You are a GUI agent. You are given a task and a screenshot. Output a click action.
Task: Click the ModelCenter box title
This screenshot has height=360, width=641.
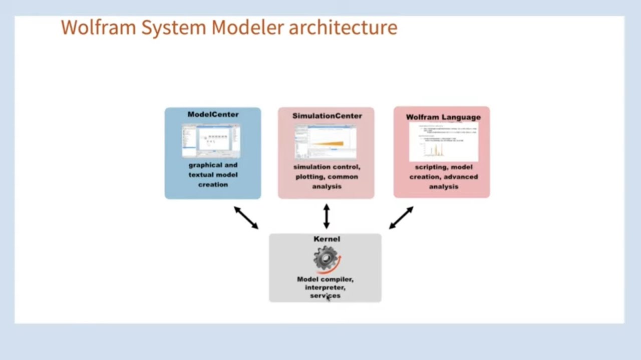coord(213,114)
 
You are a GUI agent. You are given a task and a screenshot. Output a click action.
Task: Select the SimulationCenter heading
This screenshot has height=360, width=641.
coord(327,116)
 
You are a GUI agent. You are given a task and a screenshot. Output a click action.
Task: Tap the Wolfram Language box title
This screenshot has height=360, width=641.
coord(443,117)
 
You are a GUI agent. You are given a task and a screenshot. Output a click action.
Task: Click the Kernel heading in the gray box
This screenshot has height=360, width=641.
coord(327,239)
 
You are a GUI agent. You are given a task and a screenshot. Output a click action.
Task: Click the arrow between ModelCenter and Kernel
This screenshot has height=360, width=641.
coord(246,217)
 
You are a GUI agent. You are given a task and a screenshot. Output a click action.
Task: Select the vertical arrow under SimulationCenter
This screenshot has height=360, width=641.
coord(327,216)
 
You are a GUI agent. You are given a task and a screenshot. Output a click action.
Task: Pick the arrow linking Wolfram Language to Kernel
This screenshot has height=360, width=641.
coord(401,217)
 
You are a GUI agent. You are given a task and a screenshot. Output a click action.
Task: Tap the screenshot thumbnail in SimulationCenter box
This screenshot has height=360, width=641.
coord(326,142)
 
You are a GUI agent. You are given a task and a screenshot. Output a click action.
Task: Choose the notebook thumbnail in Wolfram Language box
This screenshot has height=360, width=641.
coord(443,141)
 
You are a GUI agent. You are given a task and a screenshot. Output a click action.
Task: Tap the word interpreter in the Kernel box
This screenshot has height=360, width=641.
coord(325,287)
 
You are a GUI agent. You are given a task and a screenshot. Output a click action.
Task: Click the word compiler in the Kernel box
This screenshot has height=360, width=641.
coord(337,279)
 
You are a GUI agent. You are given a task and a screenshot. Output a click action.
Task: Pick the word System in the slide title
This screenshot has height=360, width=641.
coord(173,27)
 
